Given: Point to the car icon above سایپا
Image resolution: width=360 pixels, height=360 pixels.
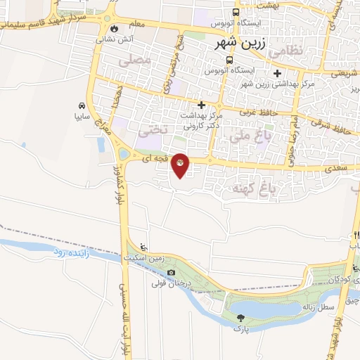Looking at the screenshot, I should [x=82, y=105].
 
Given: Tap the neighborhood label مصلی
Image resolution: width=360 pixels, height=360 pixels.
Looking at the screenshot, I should [x=136, y=62].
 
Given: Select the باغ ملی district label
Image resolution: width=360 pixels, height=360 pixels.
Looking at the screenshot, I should [x=252, y=139].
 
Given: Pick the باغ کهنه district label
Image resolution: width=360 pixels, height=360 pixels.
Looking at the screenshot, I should [x=250, y=188].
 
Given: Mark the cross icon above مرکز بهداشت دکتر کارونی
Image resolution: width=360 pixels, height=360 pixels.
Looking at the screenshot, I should [x=201, y=104].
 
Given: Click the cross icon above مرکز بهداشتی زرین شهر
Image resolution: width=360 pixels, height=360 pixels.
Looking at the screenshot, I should [x=278, y=73].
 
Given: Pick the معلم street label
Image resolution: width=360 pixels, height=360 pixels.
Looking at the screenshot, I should [x=137, y=24].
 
